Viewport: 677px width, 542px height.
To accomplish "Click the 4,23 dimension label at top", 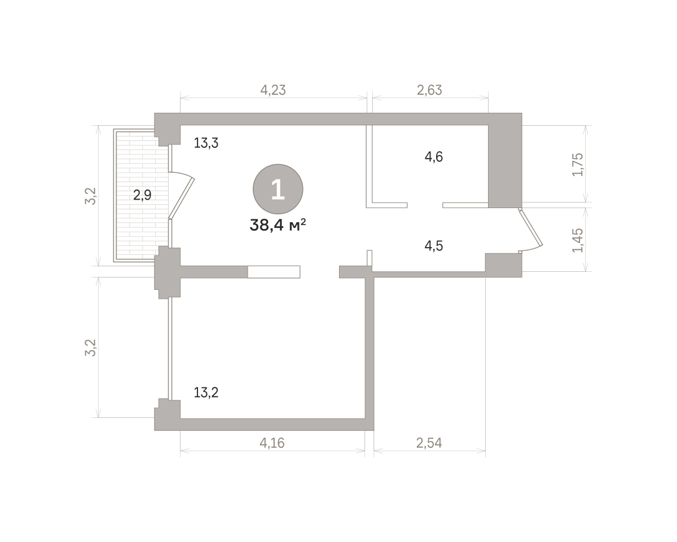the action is point(273,90).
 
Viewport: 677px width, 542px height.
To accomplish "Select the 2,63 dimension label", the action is point(429,90).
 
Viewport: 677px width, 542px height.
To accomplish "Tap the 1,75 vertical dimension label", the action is point(578,165).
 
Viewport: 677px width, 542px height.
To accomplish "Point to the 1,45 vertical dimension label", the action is point(578,240).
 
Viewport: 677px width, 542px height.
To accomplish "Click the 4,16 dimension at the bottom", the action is point(272,443).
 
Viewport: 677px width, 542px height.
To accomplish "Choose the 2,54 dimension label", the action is point(429,443).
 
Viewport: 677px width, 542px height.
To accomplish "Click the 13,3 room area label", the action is point(206,143).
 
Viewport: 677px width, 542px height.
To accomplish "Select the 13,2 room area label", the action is point(206,393).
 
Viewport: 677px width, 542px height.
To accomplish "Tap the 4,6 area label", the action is point(434,157).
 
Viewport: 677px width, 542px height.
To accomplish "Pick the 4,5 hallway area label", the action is point(434,246).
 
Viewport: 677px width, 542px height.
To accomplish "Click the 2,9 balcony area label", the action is point(142,195).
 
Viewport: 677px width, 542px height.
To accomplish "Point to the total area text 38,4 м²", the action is point(278,225).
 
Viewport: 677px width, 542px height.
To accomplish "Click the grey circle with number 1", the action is point(278,189).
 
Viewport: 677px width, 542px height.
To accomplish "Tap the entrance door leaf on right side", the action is point(531,228).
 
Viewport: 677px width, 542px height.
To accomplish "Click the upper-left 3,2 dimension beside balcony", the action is point(90,196).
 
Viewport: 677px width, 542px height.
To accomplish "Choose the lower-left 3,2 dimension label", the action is point(90,347).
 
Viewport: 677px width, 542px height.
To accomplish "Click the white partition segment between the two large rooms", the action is point(274,272).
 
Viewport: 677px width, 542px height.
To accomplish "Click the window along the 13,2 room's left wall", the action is point(170,349).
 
